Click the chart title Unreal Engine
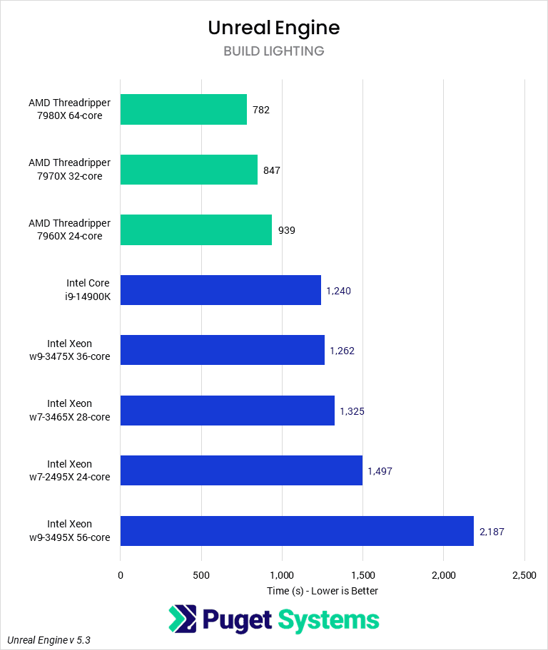pos(273,27)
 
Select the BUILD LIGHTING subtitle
pos(273,51)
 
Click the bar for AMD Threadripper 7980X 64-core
pos(183,110)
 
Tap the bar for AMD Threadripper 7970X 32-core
pos(188,170)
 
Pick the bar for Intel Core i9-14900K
pos(220,290)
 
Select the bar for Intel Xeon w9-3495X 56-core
pos(297,530)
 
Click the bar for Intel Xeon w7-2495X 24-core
pos(241,470)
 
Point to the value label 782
pos(260,110)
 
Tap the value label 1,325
pos(352,411)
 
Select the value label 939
pos(286,230)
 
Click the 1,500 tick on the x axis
pos(362,574)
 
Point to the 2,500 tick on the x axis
pos(524,574)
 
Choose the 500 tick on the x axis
pos(201,574)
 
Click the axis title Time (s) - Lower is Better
pos(323,591)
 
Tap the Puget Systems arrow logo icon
pos(182,619)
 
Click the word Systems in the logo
pos(328,620)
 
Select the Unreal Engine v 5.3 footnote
pos(49,640)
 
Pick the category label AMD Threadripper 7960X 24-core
pos(69,229)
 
